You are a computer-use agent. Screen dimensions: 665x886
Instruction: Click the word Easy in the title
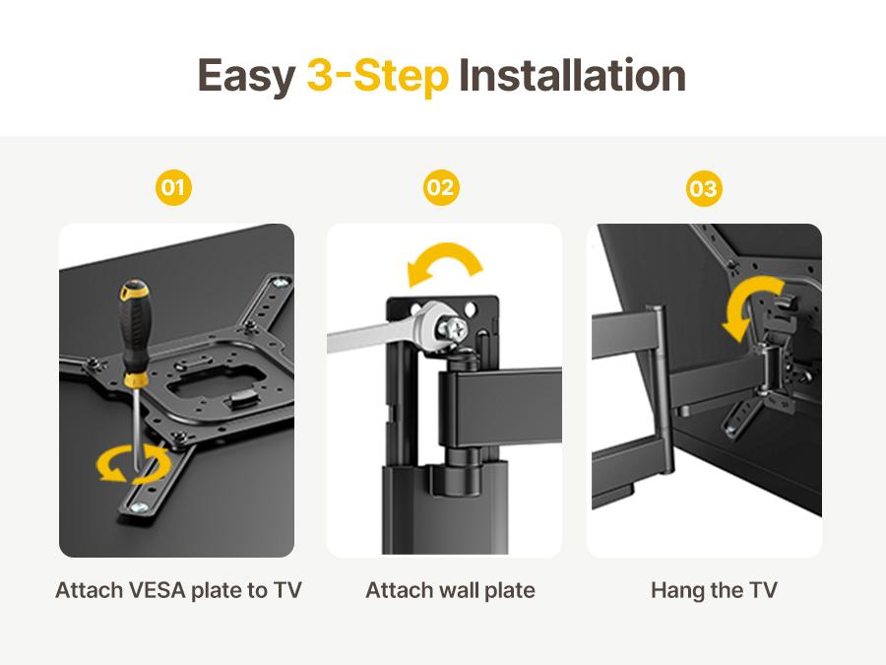click(246, 76)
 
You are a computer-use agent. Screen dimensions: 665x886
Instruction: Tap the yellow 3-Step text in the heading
click(377, 76)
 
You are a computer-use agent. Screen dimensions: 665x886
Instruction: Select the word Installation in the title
click(572, 76)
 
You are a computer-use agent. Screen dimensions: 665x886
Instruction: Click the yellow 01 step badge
click(173, 187)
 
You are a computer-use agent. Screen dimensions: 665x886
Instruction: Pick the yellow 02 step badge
click(441, 187)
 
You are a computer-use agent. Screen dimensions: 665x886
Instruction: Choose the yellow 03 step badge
click(704, 187)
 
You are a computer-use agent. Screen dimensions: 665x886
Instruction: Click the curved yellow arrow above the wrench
click(445, 265)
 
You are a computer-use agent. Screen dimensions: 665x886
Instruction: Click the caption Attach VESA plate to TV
click(178, 590)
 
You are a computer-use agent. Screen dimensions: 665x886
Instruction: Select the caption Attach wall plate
click(450, 590)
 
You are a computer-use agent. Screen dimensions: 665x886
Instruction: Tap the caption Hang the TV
click(714, 590)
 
